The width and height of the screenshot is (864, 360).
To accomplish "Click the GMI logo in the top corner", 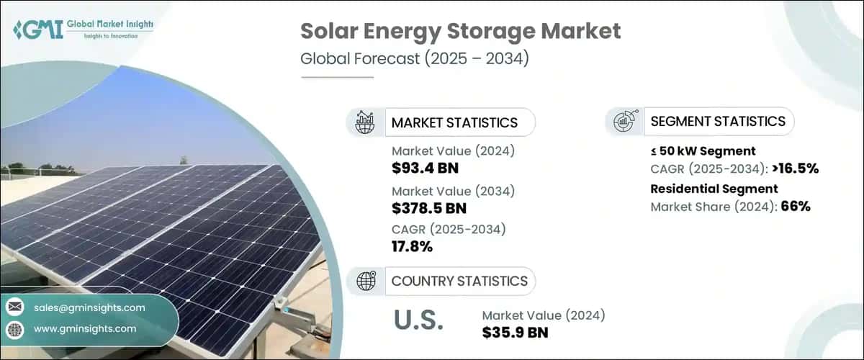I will point(83,29).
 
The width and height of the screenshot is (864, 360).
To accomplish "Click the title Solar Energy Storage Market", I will point(460,32).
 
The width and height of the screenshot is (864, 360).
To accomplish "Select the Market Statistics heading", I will point(454,122).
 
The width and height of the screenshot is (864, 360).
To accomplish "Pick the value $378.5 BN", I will point(429,209).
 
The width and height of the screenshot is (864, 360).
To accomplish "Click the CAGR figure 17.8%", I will point(413,247).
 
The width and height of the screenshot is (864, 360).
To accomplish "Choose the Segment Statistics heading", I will point(718,121).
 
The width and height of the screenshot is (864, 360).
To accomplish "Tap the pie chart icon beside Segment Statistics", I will point(624,121).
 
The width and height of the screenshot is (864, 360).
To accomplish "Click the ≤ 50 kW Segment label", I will point(703,151).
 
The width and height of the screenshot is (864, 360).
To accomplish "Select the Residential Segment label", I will point(714,189).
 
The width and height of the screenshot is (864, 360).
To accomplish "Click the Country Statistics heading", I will point(459,281).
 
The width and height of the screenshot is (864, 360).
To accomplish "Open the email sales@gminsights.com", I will point(89,307).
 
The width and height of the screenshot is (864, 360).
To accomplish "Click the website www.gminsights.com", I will point(85,329).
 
